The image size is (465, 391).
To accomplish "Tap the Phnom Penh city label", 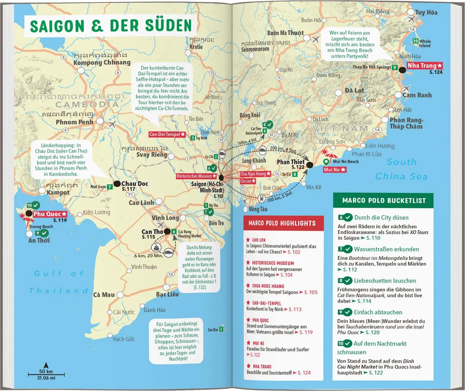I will (x=74, y=122).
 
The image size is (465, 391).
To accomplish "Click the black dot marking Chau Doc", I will (x=117, y=184).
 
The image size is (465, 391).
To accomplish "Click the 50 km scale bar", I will (x=46, y=375).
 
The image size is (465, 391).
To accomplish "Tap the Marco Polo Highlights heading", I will (x=282, y=223).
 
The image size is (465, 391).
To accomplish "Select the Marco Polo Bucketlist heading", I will (x=384, y=201).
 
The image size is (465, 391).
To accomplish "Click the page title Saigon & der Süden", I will (x=111, y=26).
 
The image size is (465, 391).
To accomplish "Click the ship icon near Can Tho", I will (x=156, y=247).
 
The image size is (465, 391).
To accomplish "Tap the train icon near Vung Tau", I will (x=261, y=198).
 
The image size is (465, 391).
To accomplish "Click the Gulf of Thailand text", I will (x=59, y=282).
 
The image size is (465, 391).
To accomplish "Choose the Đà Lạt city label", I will (x=354, y=91).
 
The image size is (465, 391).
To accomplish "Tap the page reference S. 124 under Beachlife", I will (x=304, y=373).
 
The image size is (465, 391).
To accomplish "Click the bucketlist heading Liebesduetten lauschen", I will (x=385, y=281).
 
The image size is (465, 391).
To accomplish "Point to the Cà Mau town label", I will (x=104, y=295).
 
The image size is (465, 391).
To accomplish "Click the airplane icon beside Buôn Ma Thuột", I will (x=316, y=40).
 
